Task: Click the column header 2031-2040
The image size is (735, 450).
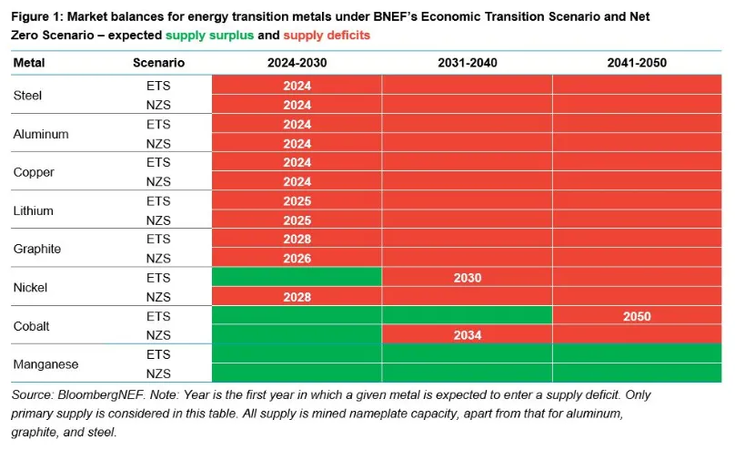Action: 468,63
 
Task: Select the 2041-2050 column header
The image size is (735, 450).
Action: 637,63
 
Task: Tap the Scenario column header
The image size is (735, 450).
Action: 158,63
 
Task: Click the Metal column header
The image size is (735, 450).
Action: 29,63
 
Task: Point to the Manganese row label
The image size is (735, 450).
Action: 45,364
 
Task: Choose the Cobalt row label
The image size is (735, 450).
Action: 31,326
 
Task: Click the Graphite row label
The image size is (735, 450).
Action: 37,249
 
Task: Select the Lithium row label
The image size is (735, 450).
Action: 34,210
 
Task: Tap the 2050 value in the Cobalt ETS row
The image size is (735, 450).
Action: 637,316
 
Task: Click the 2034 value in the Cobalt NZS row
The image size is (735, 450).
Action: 468,335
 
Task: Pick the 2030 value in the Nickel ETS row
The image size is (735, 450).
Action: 468,278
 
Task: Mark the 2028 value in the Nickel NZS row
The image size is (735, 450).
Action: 297,297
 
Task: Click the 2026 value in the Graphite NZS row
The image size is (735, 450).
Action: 297,259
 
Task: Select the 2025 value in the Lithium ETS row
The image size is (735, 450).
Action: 297,201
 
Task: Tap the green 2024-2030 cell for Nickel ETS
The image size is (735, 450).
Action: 297,277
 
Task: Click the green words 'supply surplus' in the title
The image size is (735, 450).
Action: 209,36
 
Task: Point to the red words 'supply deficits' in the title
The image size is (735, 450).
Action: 327,36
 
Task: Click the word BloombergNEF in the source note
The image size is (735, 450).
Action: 101,395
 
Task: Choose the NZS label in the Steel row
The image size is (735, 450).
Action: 158,105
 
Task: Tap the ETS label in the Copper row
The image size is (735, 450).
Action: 158,162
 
